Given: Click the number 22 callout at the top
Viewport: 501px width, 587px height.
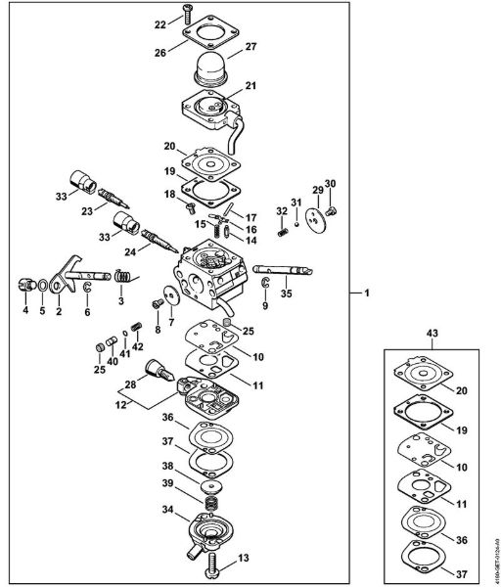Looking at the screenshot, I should click(160, 23).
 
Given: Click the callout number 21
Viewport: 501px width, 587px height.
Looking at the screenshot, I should click(250, 87).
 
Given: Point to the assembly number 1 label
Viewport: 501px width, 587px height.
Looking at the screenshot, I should click(367, 293).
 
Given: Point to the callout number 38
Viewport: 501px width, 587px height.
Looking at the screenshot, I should click(169, 466).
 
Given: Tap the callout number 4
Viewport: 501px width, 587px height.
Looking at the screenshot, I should click(25, 312).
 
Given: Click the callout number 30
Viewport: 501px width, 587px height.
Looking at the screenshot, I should click(330, 184).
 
